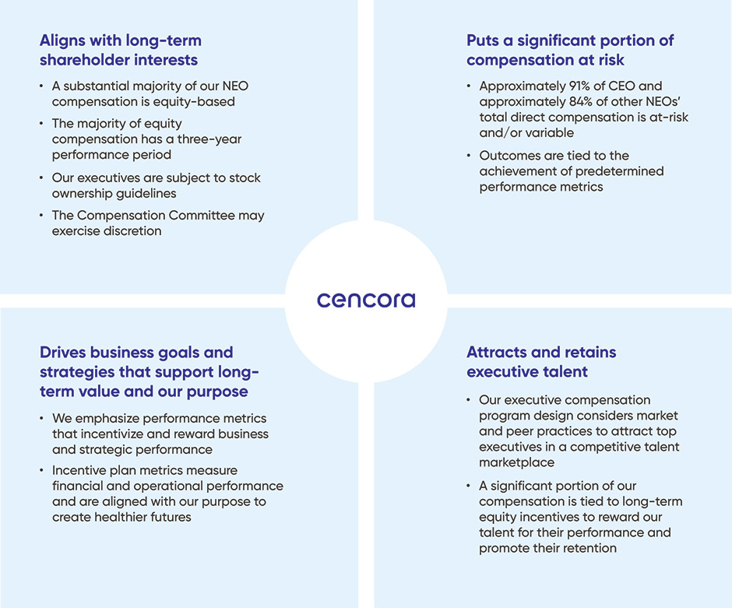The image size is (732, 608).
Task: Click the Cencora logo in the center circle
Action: click(x=365, y=300)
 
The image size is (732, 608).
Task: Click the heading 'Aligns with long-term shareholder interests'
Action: click(x=120, y=50)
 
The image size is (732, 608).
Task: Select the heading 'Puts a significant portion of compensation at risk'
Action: click(x=570, y=50)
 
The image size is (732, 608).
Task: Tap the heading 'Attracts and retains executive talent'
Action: click(x=541, y=362)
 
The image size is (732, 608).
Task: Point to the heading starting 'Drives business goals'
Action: click(x=149, y=371)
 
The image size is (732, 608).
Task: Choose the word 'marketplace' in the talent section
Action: click(x=516, y=462)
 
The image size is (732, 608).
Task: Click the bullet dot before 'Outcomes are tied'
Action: click(x=470, y=156)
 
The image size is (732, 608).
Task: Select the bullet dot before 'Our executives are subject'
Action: click(x=42, y=177)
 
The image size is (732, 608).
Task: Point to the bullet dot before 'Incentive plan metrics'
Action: click(x=42, y=470)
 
